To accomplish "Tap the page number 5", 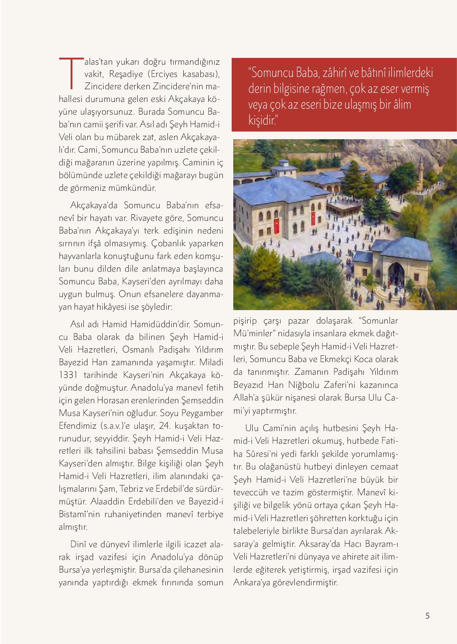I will (x=427, y=616).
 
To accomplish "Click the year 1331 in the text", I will (x=67, y=375).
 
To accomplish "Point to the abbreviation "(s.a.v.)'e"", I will (x=113, y=426).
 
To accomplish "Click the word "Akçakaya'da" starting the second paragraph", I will (x=94, y=205).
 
